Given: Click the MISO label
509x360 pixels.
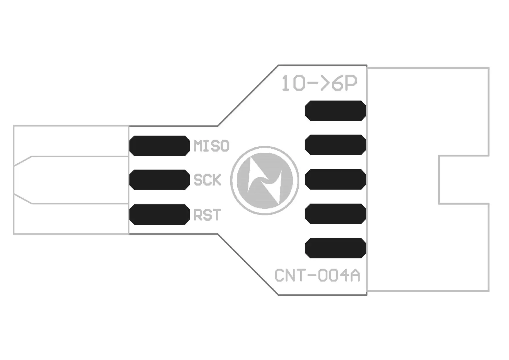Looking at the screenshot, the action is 211,146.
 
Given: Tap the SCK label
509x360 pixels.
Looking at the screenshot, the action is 207,180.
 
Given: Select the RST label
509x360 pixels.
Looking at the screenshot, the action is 207,215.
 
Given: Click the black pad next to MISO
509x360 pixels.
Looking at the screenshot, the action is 159,146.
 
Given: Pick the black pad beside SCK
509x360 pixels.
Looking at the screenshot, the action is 159,180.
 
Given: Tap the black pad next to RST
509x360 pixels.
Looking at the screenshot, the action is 159,215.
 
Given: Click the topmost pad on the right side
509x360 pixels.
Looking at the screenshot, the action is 335,111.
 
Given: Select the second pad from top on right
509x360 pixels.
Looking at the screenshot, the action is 335,145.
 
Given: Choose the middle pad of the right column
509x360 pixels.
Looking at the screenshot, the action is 335,179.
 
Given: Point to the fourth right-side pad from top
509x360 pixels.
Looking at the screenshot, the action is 335,214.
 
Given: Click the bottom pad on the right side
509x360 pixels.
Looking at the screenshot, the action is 335,248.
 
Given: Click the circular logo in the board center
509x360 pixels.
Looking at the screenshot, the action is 265,180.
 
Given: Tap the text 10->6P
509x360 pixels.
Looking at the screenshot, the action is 319,83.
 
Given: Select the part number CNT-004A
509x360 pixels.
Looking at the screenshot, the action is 317,276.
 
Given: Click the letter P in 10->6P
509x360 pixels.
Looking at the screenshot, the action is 351,83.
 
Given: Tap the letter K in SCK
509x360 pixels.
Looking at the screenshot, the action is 216,180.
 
